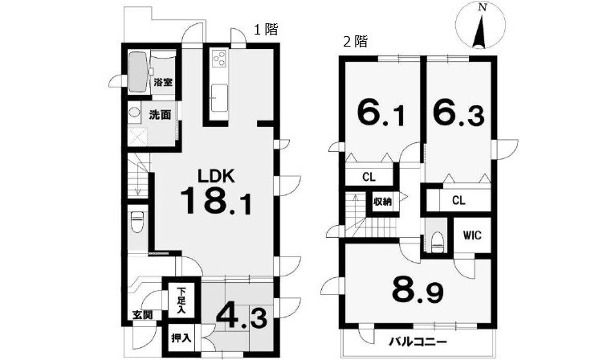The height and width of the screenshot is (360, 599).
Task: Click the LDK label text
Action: pos(215,176)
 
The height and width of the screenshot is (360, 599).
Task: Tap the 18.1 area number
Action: pos(215,202)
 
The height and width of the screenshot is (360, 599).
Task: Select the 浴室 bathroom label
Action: pos(163,82)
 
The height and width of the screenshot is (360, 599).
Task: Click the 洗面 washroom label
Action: pos(160,115)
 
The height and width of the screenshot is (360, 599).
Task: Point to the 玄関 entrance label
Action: pos(142,315)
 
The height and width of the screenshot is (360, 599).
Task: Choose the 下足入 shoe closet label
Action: pos(181,301)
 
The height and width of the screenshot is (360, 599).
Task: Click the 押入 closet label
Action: pos(181,338)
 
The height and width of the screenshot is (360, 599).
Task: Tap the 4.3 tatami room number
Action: pos(242,318)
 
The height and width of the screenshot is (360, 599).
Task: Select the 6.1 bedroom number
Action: pos(381,113)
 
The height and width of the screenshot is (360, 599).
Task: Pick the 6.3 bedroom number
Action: pos(458,113)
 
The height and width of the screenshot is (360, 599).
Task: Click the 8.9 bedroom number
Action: pos(418,292)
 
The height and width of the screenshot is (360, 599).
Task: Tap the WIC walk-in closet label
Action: pos(472,235)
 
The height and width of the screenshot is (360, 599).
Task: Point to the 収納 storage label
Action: pos(382,202)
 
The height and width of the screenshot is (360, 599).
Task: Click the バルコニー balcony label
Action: pos(418,342)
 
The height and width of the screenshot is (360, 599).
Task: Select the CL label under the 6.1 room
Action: pos(369,177)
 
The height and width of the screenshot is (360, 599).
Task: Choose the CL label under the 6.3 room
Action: pos(458,200)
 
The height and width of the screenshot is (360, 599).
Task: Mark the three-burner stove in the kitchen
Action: pos(220,59)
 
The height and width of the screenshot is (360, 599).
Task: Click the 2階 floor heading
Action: pos(355,41)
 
